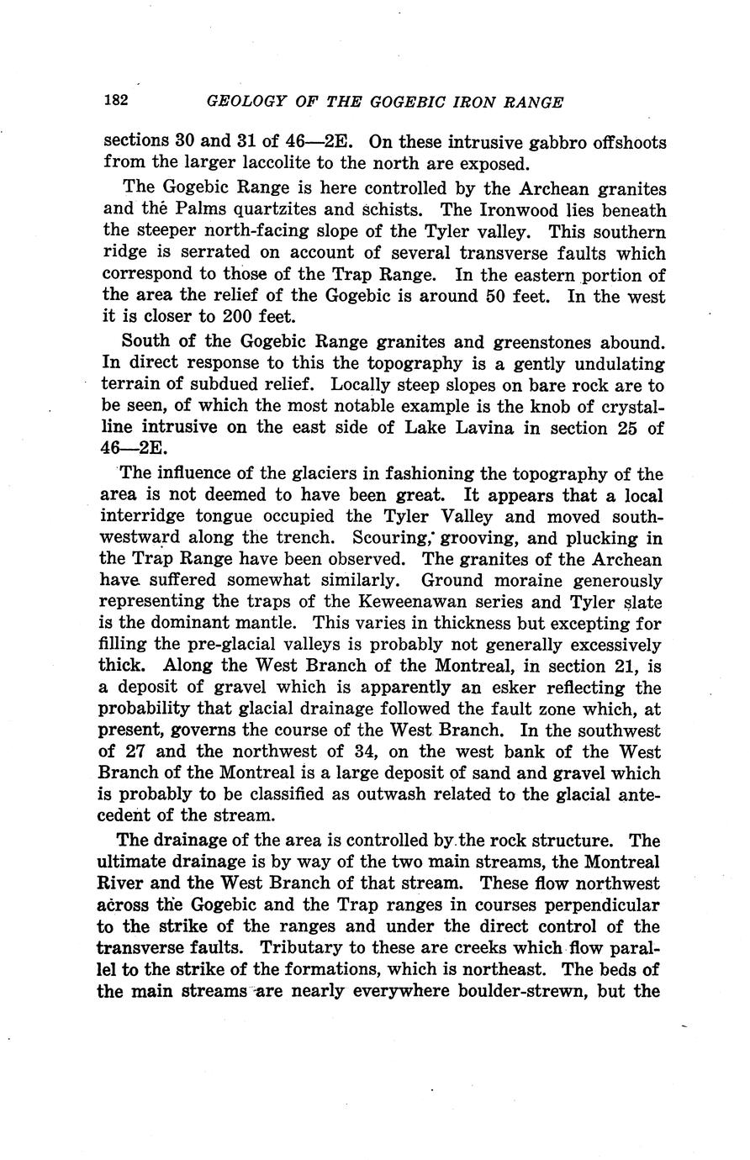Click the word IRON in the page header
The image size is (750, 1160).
457,102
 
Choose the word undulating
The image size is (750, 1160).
610,363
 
